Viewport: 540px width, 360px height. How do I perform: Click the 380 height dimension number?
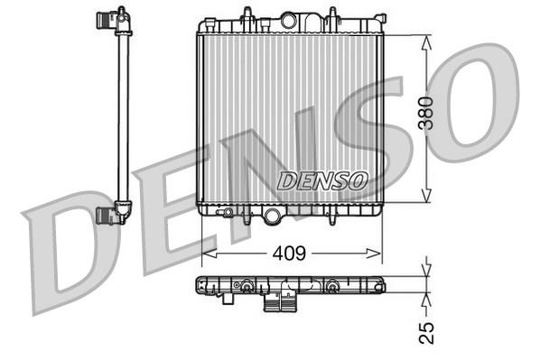pos(425,113)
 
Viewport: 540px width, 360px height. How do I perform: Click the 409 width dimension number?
pos(289,254)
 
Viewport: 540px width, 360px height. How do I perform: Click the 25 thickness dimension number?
pos(426,333)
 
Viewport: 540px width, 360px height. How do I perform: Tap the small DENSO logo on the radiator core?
pos(322,180)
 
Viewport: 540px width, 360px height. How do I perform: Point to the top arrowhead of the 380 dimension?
pos(426,43)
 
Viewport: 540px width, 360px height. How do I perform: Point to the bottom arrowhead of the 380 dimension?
pos(426,195)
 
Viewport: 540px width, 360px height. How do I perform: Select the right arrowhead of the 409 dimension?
pos(374,254)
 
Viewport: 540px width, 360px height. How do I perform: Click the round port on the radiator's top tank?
pos(289,21)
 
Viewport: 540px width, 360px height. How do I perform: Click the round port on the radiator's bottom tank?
pos(272,217)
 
